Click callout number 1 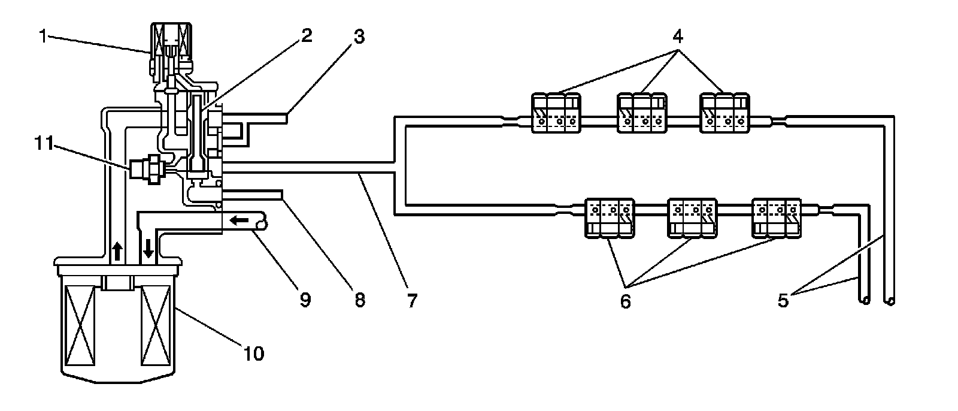(x=43, y=37)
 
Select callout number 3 (x=359, y=37)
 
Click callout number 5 (x=784, y=300)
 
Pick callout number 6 (x=625, y=301)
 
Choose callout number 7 (x=411, y=300)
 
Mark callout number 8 (x=359, y=300)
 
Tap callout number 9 (x=305, y=300)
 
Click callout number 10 (x=254, y=354)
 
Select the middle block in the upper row (x=642, y=113)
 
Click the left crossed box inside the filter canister (x=81, y=326)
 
